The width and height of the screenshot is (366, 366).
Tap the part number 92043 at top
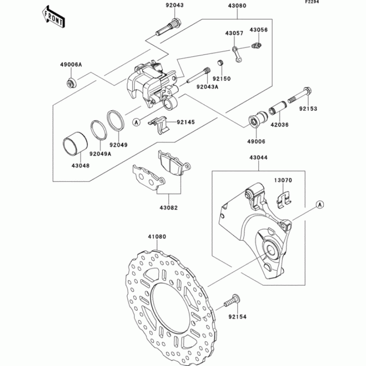click(174, 5)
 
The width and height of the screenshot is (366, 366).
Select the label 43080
click(237, 7)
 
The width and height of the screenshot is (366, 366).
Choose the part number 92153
click(308, 109)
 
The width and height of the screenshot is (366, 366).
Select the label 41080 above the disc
click(156, 237)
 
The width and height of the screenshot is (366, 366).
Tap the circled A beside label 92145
click(136, 122)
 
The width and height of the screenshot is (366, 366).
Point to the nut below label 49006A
click(70, 83)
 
